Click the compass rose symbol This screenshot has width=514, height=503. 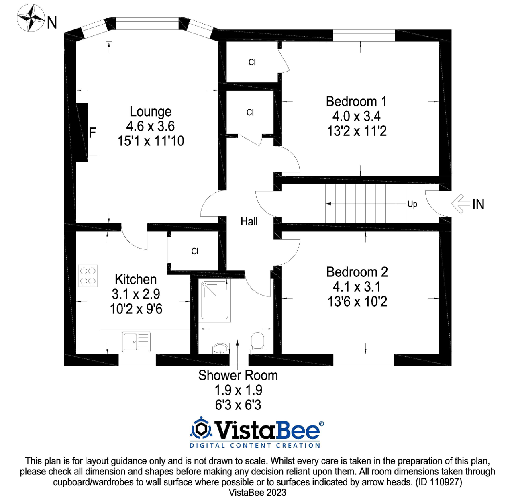coord(31,18)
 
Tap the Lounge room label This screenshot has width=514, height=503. coord(151,111)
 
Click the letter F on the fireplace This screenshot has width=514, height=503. coord(92,133)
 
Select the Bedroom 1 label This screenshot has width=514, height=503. coord(357,101)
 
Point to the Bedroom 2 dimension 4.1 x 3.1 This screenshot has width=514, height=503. coord(357,287)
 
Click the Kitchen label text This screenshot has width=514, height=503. coord(136,279)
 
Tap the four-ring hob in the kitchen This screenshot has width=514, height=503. coord(88,276)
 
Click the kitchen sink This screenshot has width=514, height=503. coord(136,342)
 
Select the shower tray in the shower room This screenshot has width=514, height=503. coord(216,301)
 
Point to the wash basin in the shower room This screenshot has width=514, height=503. coord(220,348)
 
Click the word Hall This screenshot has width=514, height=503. coord(249,221)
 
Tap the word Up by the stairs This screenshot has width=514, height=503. coord(412,204)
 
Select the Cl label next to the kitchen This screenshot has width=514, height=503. coord(195,251)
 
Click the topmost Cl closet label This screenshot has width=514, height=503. coord(252,62)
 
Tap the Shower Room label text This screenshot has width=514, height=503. coord(238,375)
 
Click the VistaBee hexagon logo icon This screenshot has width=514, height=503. coord(201,429)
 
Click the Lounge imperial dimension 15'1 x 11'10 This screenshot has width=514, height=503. coord(151,141)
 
